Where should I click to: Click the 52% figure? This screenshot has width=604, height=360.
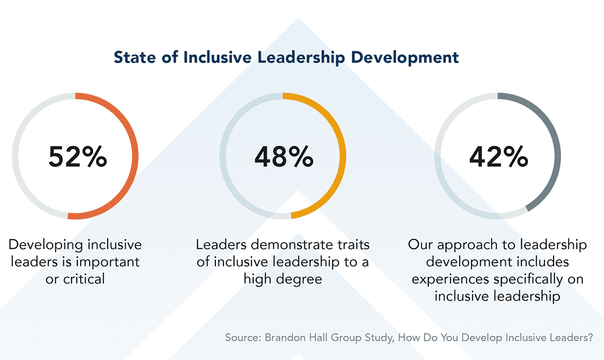tap(78, 157)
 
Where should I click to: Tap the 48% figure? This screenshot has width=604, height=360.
tap(283, 157)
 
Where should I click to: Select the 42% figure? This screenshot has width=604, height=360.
tap(498, 157)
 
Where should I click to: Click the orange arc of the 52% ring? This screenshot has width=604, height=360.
tap(135, 156)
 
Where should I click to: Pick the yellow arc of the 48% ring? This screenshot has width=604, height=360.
tap(342, 156)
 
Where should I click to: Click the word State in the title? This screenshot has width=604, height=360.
tap(133, 57)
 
